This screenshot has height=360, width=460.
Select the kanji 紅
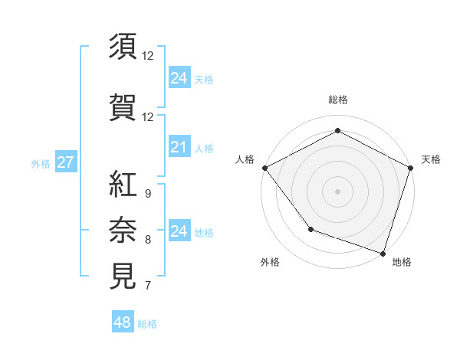tap(123, 184)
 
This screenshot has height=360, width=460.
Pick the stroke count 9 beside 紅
tap(148, 193)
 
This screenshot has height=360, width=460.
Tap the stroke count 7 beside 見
tap(148, 286)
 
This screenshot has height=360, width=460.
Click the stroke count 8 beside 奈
tap(148, 240)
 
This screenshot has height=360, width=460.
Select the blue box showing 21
tap(179, 147)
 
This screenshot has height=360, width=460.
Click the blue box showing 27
tap(65, 162)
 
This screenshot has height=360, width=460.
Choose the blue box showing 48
tap(122, 322)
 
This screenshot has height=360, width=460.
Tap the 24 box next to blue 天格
tap(179, 77)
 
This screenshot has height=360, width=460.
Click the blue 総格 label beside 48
tap(147, 324)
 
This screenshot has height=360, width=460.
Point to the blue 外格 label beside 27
tap(41, 163)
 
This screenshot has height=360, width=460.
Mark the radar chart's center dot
tap(337, 191)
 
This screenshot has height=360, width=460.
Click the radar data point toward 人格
tap(264, 168)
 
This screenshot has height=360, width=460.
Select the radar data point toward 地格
tap(383, 252)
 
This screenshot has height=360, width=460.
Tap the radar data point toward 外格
tap(310, 228)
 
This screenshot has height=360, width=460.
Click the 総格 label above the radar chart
tap(338, 100)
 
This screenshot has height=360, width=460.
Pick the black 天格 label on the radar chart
tap(431, 159)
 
